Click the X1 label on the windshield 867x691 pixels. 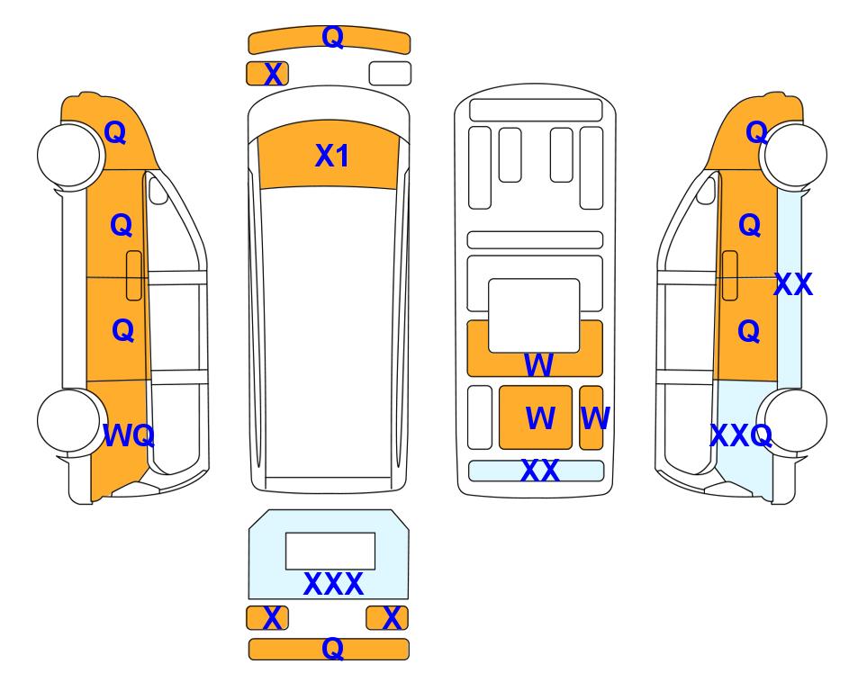click(331, 156)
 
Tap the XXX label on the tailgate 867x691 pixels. click(333, 584)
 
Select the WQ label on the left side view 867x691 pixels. click(128, 435)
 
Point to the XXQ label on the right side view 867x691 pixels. click(741, 435)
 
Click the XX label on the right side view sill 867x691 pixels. click(793, 284)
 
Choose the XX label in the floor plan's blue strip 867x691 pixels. click(539, 471)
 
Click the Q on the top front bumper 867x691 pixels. click(332, 37)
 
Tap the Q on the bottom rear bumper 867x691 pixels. click(332, 648)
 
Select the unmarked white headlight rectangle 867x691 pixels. click(390, 74)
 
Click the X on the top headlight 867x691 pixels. click(273, 74)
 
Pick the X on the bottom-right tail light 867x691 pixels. click(392, 618)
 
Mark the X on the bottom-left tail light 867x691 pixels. click(272, 618)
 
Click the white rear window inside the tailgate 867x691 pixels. click(330, 552)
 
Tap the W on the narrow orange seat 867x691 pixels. click(595, 417)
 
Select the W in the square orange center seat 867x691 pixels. click(540, 417)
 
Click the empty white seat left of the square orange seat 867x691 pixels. click(479, 417)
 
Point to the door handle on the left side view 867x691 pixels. click(134, 275)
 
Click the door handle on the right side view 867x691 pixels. click(730, 275)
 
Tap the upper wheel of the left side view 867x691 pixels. click(68, 155)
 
